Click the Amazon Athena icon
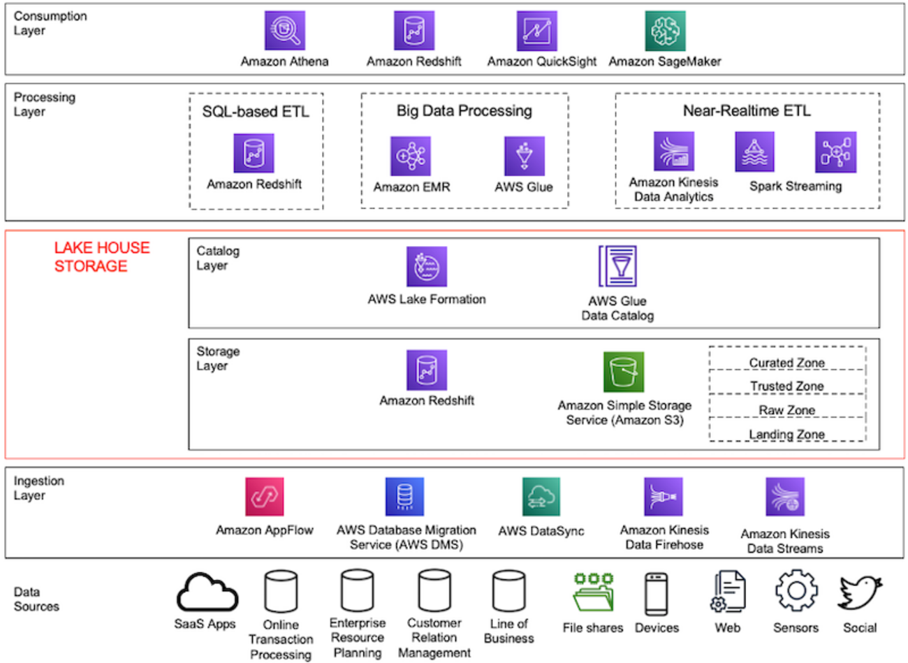click(284, 31)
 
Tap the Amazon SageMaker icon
click(665, 31)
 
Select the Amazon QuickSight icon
click(536, 31)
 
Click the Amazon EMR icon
click(411, 156)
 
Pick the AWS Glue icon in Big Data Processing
click(524, 156)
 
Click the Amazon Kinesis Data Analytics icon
click(673, 152)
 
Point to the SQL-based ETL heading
click(256, 112)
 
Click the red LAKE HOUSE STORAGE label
click(102, 256)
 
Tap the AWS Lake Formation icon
click(427, 266)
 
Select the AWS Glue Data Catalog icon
click(617, 266)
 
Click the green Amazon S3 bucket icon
click(624, 372)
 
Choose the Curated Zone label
click(787, 363)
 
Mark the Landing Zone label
click(787, 435)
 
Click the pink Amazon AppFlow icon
click(265, 497)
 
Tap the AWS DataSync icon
click(541, 497)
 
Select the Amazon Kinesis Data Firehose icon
click(664, 497)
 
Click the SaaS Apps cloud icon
click(207, 592)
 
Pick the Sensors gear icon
click(796, 591)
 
